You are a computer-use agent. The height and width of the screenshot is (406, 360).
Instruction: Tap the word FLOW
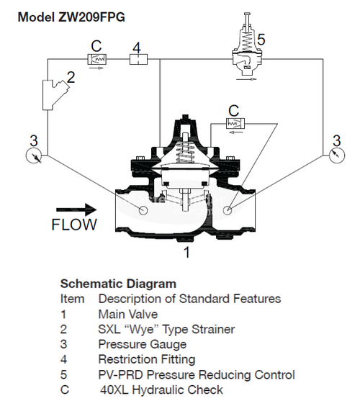click(x=74, y=225)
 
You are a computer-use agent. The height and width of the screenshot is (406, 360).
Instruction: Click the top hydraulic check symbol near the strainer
click(x=96, y=61)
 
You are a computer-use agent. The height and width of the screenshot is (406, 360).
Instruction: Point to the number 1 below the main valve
click(x=186, y=253)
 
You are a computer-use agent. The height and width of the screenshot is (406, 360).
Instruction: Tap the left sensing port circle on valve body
click(x=143, y=210)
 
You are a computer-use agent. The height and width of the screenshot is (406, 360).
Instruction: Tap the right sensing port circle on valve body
click(x=228, y=210)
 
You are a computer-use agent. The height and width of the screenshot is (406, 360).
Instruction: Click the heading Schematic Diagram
click(x=118, y=284)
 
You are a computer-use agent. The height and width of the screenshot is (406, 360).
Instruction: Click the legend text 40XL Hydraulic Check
click(x=161, y=390)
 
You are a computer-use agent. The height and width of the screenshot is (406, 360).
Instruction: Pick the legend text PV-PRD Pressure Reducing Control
click(x=196, y=375)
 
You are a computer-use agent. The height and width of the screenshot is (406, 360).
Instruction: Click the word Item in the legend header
click(x=72, y=298)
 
